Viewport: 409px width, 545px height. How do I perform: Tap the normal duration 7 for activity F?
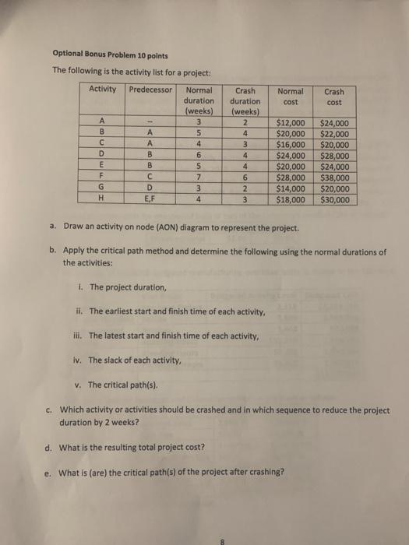(x=200, y=177)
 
